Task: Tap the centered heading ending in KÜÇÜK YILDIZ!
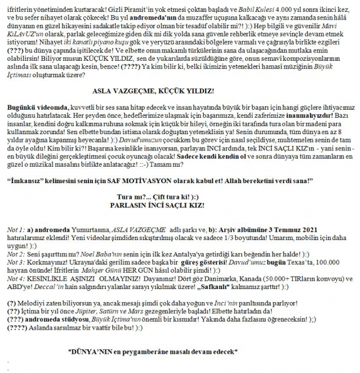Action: click(179, 90)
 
